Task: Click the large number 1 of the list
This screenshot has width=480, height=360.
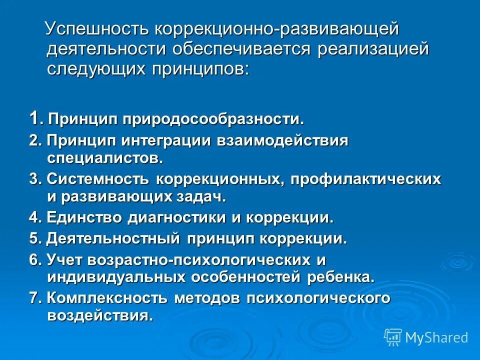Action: coord(34,119)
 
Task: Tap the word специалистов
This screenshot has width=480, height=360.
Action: coord(105,158)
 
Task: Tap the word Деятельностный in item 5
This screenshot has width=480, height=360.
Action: coord(113,238)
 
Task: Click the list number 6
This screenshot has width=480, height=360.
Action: coord(34,259)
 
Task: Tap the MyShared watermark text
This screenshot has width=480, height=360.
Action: coord(436,337)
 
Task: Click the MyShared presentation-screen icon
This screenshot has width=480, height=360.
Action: coord(393,337)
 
